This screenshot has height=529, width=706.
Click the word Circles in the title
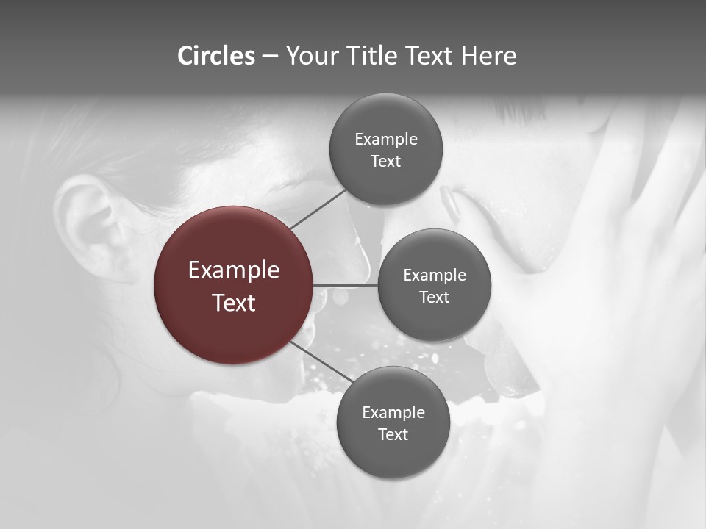(216, 56)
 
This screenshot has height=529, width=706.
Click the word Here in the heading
(488, 56)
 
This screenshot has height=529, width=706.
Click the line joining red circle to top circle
(318, 209)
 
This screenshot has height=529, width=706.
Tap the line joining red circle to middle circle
(346, 284)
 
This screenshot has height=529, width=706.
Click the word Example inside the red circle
(234, 270)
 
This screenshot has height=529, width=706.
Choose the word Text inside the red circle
(234, 303)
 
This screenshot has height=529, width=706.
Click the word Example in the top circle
(386, 140)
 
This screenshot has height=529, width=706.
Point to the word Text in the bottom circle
(393, 434)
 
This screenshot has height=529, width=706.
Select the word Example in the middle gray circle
(435, 276)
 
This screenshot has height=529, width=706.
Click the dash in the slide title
(270, 57)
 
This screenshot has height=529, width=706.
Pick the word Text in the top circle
(386, 162)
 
